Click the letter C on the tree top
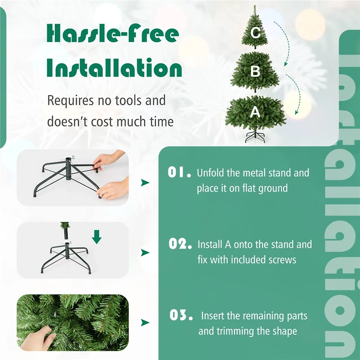coord(256,32)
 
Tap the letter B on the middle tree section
coord(256,71)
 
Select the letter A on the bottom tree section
coord(255,112)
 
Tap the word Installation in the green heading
coord(115,69)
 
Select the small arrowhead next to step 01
coord(145,182)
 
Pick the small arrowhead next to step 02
coord(145,252)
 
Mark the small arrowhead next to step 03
coord(145,323)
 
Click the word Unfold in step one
coord(210,173)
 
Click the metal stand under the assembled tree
coord(255,137)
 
